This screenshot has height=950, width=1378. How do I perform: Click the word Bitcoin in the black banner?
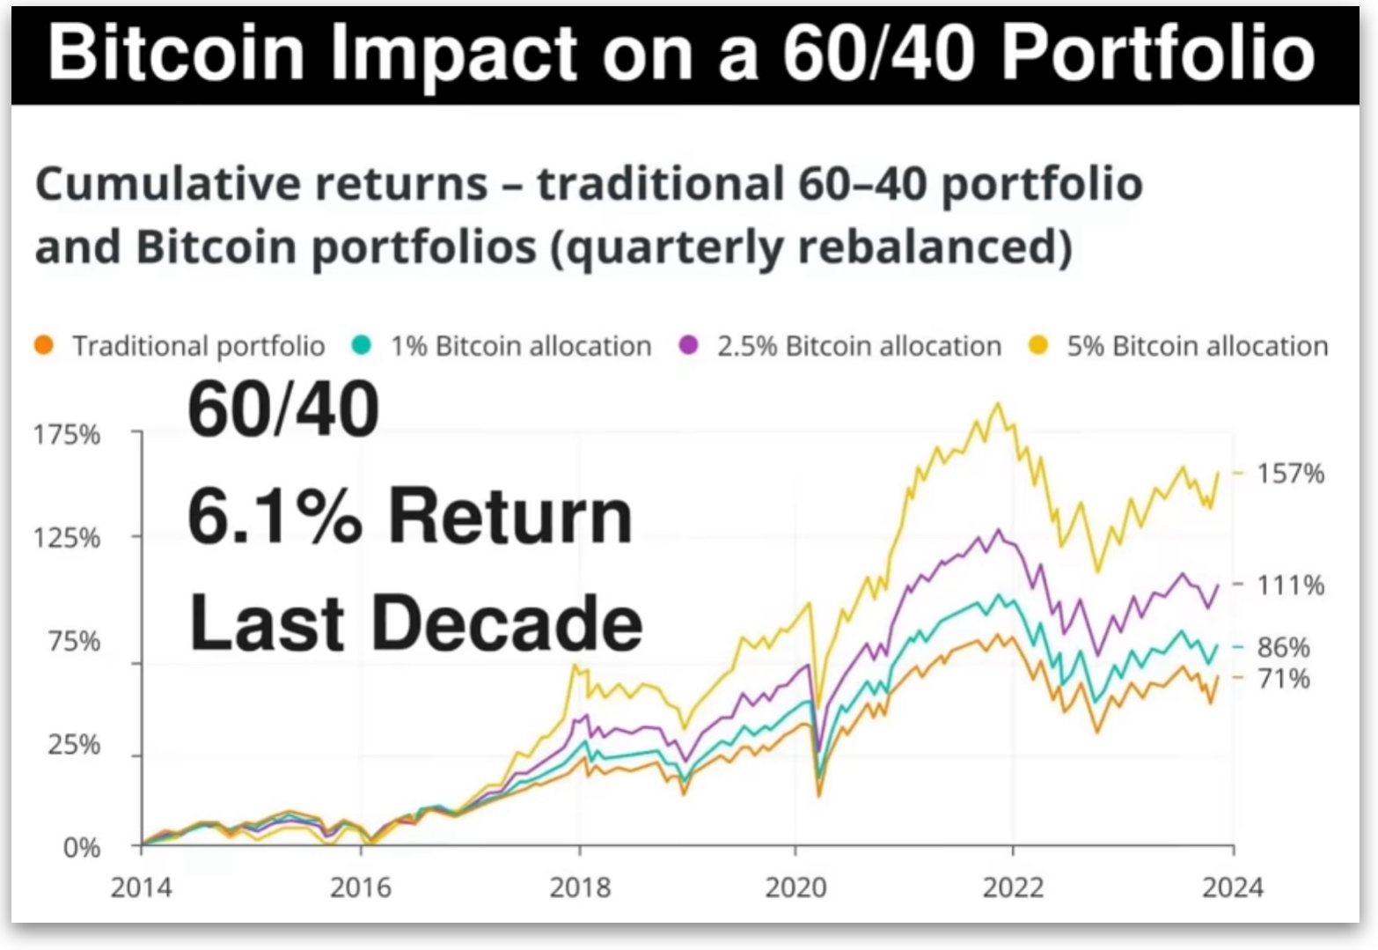(176, 53)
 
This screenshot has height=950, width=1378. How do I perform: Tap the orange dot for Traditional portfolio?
(44, 345)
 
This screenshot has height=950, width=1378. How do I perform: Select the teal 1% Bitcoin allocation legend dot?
(362, 345)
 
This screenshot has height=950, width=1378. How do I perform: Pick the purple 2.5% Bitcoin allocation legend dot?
(688, 345)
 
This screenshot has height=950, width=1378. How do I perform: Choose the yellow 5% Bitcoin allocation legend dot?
(1038, 345)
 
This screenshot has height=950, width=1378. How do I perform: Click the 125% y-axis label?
(67, 538)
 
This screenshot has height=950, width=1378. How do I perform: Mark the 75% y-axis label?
(74, 642)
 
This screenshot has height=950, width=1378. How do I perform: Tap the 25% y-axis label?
(74, 745)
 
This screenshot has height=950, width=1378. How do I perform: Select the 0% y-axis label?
(82, 849)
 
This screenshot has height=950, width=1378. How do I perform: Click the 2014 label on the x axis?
(142, 887)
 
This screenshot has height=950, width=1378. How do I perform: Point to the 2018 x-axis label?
(580, 887)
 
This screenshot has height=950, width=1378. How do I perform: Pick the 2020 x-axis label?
(796, 887)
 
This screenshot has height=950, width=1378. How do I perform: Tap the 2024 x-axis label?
(1233, 887)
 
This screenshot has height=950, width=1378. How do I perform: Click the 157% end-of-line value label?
(1291, 474)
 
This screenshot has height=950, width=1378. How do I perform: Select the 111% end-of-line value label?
(1291, 585)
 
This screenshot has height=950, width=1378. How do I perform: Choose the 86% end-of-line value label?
(1284, 647)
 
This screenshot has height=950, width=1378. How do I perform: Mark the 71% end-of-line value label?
(1284, 679)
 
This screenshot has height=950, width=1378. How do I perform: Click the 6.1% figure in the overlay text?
(275, 515)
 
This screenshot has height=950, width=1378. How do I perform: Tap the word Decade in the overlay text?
(508, 622)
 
